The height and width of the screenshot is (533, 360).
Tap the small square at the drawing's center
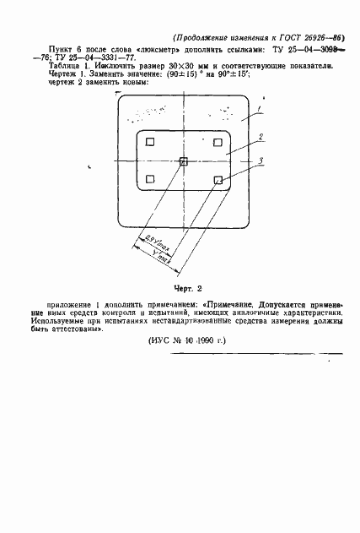184,162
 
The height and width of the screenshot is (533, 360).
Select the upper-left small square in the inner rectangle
149,142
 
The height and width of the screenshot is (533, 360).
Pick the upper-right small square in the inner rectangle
218,142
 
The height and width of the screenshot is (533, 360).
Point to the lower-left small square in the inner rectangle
149,178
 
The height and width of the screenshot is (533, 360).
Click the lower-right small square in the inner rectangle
218,179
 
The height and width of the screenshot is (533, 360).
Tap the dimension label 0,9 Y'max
148,243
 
